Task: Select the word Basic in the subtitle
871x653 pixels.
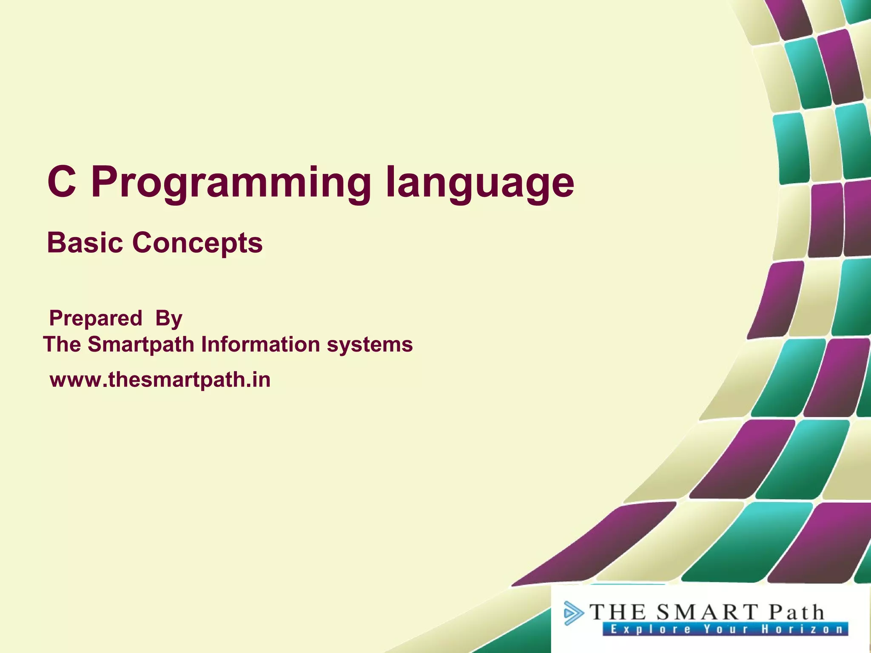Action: (x=85, y=243)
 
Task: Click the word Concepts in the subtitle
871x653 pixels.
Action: (x=197, y=244)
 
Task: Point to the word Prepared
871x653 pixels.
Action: (x=96, y=318)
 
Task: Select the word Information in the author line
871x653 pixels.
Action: (x=261, y=344)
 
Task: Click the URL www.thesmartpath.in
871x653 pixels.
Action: (x=160, y=380)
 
